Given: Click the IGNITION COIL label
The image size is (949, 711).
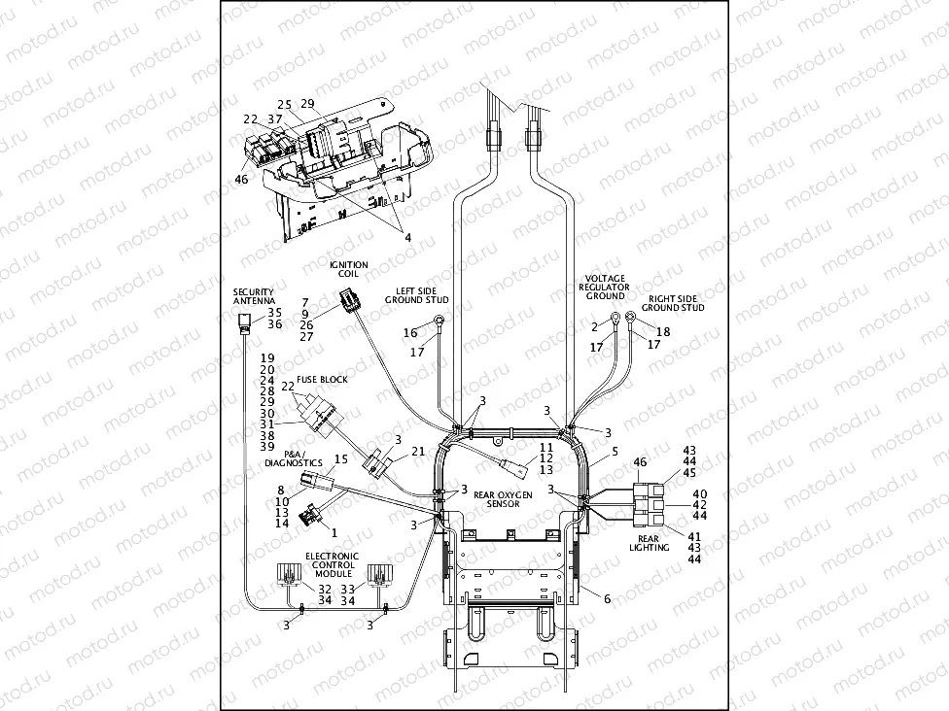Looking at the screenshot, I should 348,269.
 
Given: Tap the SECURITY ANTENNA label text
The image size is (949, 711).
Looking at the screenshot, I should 253,296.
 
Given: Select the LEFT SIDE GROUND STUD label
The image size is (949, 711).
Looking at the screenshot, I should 422,294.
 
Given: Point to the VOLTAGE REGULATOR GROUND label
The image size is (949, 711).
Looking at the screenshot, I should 605,287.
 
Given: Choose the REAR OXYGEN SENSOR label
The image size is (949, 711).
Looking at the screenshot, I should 503,499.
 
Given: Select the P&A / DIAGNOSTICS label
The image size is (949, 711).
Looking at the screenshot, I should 293,458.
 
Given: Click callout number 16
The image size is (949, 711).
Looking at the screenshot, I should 410,333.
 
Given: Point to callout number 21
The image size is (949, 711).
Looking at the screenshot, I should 417,451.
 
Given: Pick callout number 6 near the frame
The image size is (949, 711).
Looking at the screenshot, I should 608,599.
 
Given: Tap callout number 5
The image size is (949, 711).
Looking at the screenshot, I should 614,452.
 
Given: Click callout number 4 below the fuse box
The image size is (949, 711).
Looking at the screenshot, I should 407,238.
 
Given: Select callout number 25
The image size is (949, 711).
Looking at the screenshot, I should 284,104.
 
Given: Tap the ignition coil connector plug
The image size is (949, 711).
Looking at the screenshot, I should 349,302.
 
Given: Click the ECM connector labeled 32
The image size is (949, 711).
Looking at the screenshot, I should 289,575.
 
